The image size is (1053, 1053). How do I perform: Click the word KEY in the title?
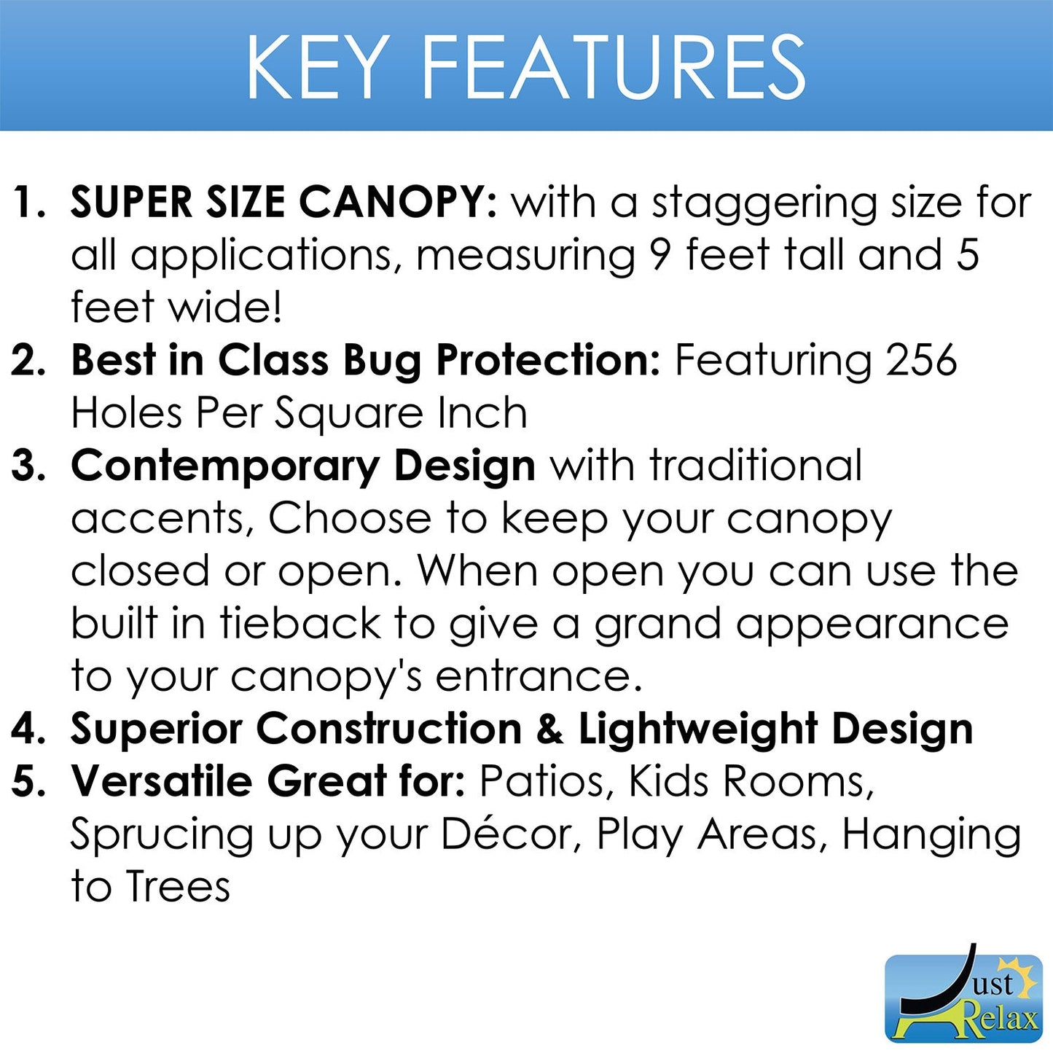(x=318, y=67)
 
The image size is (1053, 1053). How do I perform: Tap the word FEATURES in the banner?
(x=614, y=67)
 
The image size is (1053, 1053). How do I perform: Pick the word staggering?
(x=764, y=205)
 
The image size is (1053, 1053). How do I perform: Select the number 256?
(x=921, y=360)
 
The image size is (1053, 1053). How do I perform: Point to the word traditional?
(x=756, y=466)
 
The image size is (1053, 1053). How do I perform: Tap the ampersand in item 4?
(x=550, y=729)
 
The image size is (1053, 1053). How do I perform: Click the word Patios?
(x=542, y=782)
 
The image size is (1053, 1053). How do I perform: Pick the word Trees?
(x=178, y=887)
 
